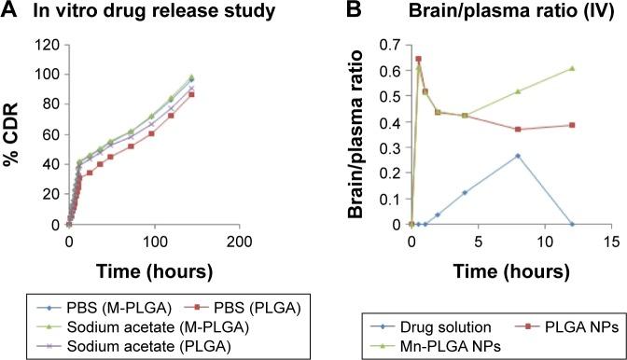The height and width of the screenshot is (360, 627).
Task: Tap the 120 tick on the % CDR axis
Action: (50, 44)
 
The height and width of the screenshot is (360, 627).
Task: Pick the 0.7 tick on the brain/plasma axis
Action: (395, 44)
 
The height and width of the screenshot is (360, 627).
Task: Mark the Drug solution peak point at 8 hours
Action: (518, 156)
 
